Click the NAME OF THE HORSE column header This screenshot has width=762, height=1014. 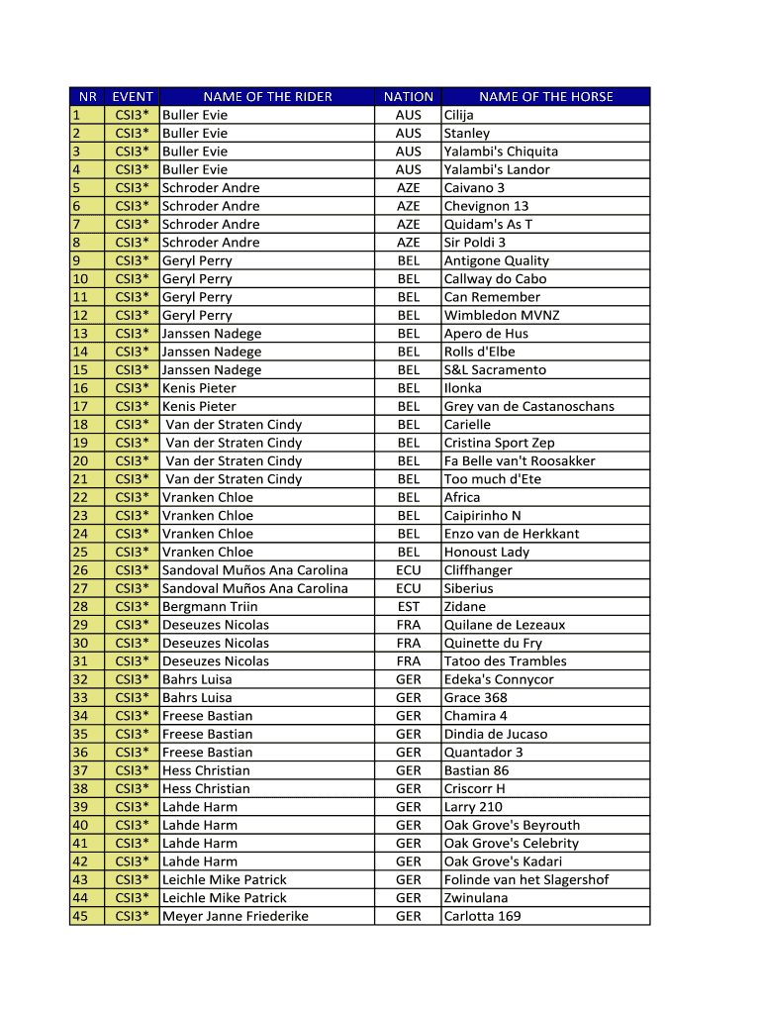pyautogui.click(x=545, y=97)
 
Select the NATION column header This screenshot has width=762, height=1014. pyautogui.click(x=408, y=97)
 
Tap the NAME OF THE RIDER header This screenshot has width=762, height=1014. pyautogui.click(x=267, y=97)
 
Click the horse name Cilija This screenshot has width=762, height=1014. pyautogui.click(x=459, y=115)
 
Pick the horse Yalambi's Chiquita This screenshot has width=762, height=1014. pyautogui.click(x=501, y=152)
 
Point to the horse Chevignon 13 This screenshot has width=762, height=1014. pyautogui.click(x=486, y=206)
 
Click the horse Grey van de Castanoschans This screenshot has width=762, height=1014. pyautogui.click(x=528, y=406)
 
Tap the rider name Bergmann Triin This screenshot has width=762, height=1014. pyautogui.click(x=210, y=606)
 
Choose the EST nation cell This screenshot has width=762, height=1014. pyautogui.click(x=408, y=606)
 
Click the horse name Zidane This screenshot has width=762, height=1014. pyautogui.click(x=465, y=606)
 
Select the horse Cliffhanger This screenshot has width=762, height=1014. pyautogui.click(x=478, y=570)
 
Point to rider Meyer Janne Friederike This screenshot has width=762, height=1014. pyautogui.click(x=235, y=916)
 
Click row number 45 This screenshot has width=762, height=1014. pyautogui.click(x=80, y=916)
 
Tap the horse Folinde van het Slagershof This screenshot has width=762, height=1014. pyautogui.click(x=526, y=879)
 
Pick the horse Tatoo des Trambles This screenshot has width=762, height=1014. pyautogui.click(x=505, y=660)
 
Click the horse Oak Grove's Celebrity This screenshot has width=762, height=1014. pyautogui.click(x=511, y=843)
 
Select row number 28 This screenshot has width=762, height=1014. pyautogui.click(x=80, y=606)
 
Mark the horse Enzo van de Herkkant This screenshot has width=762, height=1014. pyautogui.click(x=512, y=534)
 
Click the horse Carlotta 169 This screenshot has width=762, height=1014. pyautogui.click(x=482, y=916)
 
